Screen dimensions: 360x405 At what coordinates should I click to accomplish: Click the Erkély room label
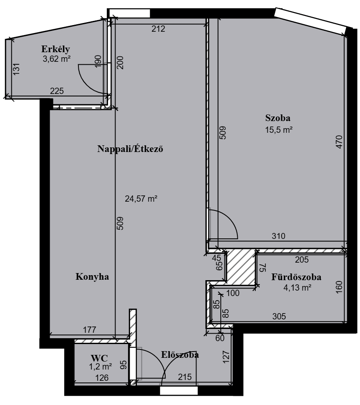click(x=55, y=49)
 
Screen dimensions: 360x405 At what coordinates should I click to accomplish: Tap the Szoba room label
click(x=278, y=118)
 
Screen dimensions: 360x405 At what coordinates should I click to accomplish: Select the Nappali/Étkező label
click(x=130, y=149)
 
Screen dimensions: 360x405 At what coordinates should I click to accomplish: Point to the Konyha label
click(x=92, y=277)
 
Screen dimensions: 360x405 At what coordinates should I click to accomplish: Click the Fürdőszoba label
click(x=296, y=277)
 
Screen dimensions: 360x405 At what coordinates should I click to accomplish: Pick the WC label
click(x=99, y=358)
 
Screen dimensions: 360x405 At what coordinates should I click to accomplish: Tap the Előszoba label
click(x=180, y=354)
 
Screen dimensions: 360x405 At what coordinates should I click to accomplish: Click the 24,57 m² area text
click(x=141, y=199)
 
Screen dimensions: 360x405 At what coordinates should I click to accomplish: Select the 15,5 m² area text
click(x=279, y=130)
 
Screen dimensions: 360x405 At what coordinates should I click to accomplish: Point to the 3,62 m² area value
click(x=57, y=59)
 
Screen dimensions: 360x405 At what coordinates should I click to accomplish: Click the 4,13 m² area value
click(x=297, y=288)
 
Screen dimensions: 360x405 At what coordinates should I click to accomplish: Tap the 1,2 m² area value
click(x=101, y=367)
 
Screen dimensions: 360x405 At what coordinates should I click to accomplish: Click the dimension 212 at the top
click(x=158, y=29)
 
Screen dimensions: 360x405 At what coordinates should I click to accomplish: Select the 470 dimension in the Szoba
click(x=339, y=142)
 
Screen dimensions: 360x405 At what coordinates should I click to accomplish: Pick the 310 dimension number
click(x=279, y=236)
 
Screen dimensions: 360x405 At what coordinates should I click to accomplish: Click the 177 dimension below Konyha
click(x=90, y=330)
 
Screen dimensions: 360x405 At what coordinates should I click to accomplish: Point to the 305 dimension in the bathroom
click(x=279, y=316)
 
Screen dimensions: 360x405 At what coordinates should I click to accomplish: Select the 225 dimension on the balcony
click(x=57, y=91)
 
